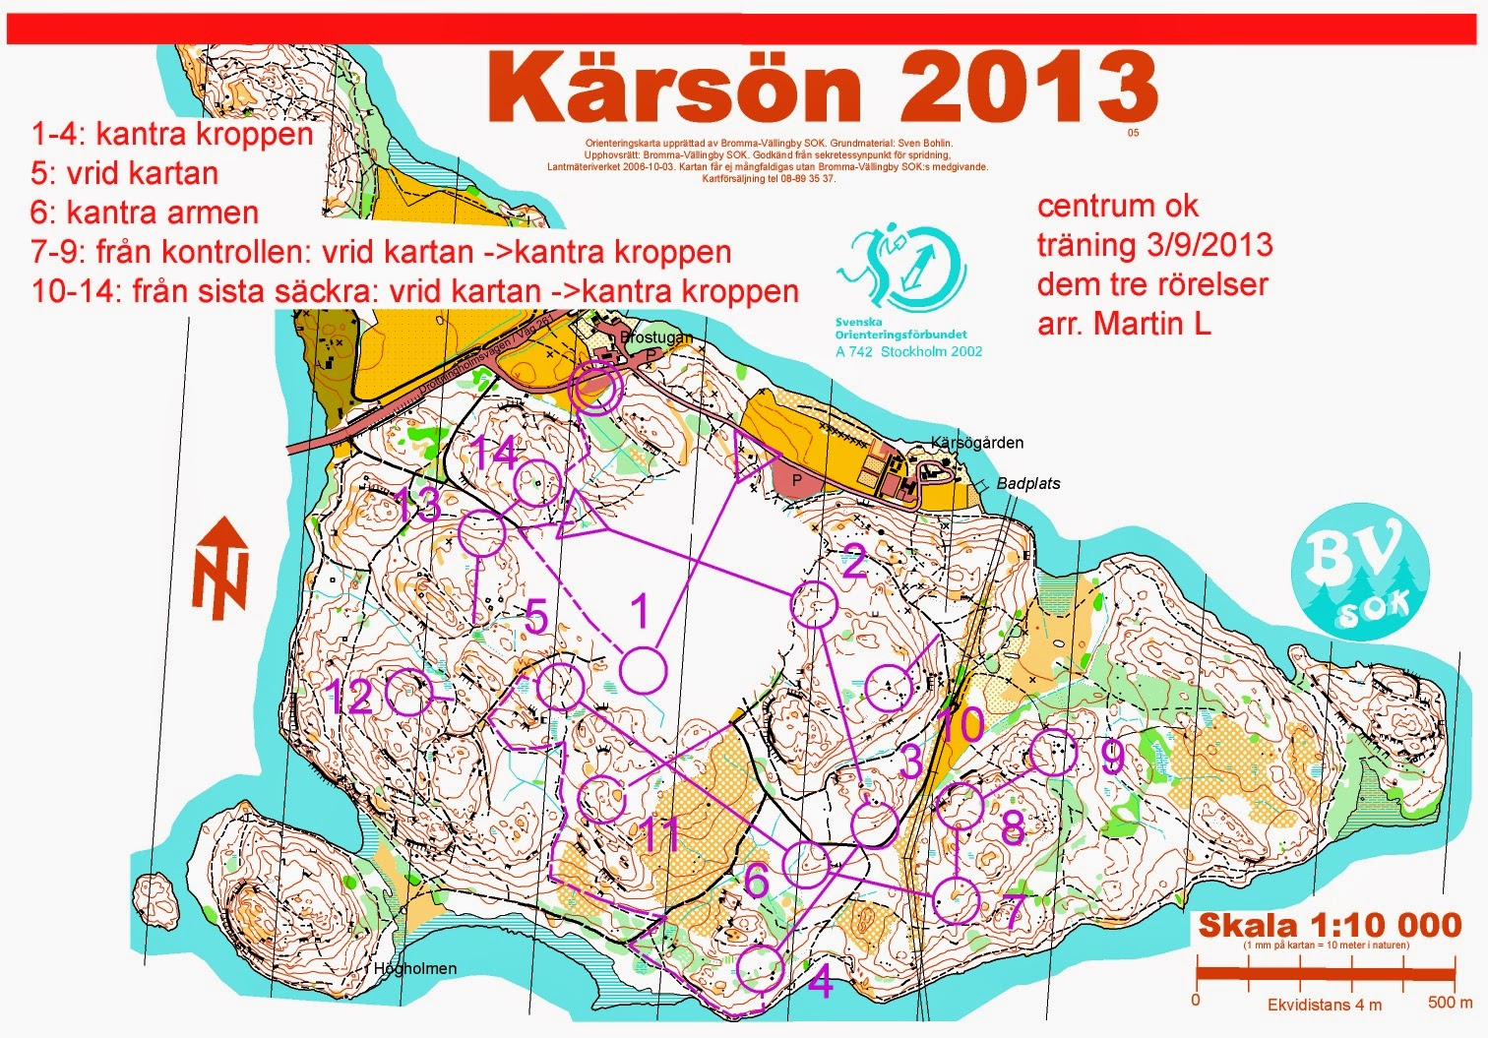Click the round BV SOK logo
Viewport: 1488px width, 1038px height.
(x=1358, y=575)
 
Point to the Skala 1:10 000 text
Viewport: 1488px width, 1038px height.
(x=1329, y=925)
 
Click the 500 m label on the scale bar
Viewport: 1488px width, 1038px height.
(x=1450, y=1002)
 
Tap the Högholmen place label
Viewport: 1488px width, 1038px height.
(x=414, y=968)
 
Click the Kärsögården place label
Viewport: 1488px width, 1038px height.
(x=976, y=443)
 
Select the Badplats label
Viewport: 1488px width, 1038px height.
(x=1028, y=483)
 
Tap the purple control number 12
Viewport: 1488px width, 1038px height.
(x=348, y=698)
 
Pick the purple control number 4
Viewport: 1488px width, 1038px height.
(x=820, y=981)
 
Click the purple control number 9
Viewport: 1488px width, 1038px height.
(x=1111, y=756)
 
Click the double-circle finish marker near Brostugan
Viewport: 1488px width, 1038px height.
(x=596, y=390)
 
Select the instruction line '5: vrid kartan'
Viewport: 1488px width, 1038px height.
(x=125, y=173)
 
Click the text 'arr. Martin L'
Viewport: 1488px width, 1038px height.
(x=1124, y=323)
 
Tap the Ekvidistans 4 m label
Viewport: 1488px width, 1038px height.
(x=1324, y=1005)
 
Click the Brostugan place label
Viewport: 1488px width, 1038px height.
(x=655, y=336)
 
